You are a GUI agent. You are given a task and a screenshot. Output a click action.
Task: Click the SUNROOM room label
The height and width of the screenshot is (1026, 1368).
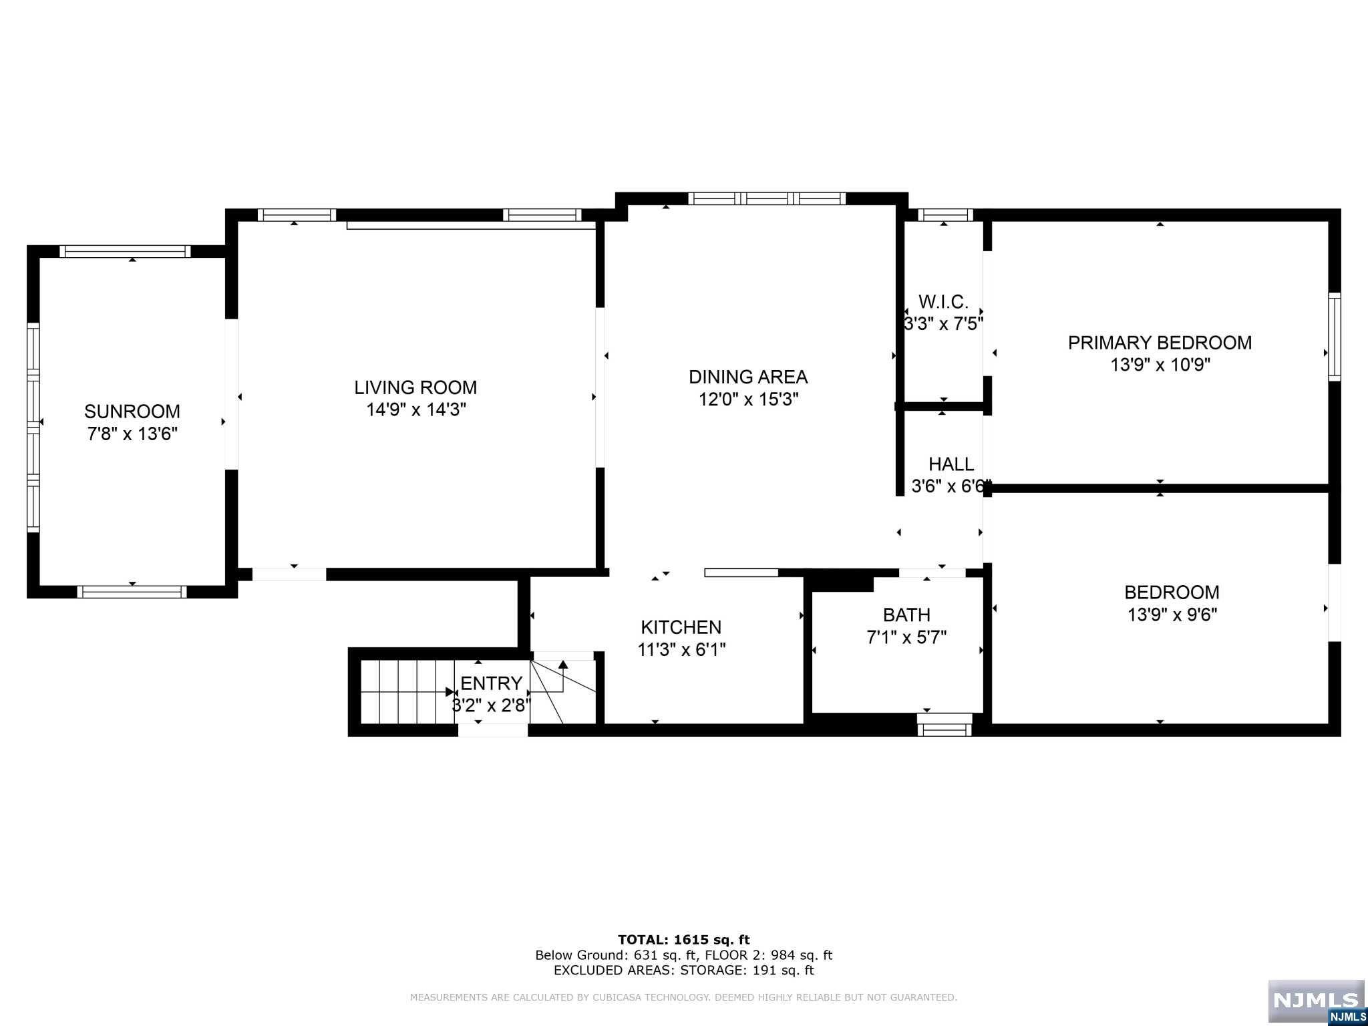(132, 411)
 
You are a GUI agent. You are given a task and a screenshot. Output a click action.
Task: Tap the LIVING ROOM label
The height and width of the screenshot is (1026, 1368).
(415, 387)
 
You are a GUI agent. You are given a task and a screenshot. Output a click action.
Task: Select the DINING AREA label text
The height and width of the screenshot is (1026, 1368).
(748, 377)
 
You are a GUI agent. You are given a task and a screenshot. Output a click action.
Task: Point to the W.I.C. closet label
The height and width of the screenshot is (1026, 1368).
(943, 301)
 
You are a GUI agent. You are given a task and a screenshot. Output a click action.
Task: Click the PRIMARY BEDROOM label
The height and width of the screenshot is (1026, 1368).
(1160, 343)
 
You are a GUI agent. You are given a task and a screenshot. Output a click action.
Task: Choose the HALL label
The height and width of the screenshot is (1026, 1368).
(951, 464)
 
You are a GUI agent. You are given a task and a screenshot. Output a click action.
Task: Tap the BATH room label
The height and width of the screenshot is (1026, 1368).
(906, 615)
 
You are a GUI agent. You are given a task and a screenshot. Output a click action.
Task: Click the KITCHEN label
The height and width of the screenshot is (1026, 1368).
(681, 627)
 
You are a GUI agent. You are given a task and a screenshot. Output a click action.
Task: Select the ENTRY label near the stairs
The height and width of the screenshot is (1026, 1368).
(492, 683)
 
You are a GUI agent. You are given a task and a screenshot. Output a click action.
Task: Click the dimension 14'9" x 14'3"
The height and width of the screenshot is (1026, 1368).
(415, 409)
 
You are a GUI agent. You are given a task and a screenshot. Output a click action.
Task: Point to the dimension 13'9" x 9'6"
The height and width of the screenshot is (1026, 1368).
(1172, 615)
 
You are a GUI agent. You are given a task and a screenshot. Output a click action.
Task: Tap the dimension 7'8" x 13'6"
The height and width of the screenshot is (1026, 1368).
(132, 434)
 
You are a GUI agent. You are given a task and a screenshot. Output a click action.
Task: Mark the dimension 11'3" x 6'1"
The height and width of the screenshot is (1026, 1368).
(681, 649)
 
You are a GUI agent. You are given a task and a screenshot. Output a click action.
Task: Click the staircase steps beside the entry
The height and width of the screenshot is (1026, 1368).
(407, 691)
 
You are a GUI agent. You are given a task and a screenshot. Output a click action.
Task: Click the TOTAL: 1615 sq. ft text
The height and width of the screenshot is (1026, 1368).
(684, 940)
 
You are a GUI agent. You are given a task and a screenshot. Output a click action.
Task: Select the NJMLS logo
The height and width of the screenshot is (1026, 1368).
(1317, 1002)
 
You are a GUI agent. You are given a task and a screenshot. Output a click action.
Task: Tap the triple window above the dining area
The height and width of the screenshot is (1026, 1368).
(767, 198)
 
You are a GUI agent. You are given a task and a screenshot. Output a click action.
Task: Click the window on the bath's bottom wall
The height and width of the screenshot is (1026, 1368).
(945, 725)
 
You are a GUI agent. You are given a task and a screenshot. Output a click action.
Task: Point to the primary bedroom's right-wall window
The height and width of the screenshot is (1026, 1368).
(1334, 337)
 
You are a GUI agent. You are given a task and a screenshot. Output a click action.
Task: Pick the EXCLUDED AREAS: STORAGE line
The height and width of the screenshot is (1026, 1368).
(684, 971)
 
